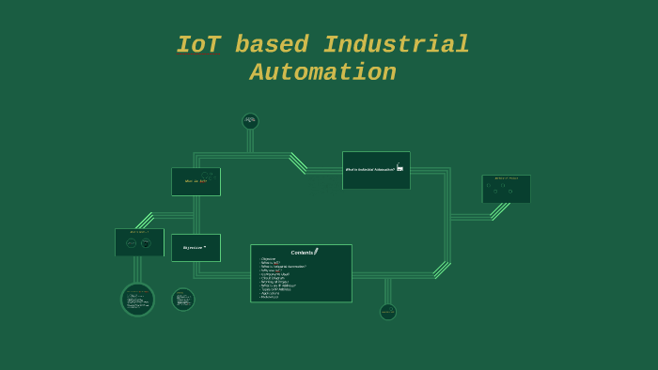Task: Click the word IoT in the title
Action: click(x=198, y=45)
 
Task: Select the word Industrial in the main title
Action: click(x=396, y=45)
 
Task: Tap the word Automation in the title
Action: click(x=322, y=72)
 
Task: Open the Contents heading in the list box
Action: click(x=302, y=252)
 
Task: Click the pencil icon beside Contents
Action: click(x=317, y=251)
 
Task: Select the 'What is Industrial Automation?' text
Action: click(x=369, y=170)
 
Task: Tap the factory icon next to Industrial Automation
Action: click(x=399, y=168)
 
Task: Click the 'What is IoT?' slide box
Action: click(x=196, y=181)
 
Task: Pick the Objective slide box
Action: click(x=196, y=248)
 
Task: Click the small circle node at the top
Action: click(x=250, y=121)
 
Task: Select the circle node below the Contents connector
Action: click(x=388, y=312)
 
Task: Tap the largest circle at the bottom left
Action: click(x=137, y=300)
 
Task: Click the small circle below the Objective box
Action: click(x=183, y=300)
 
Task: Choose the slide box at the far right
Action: click(x=506, y=189)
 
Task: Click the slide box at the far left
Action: click(x=139, y=242)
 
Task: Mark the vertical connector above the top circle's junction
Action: click(x=250, y=141)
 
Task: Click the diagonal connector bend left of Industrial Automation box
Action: click(x=298, y=162)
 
